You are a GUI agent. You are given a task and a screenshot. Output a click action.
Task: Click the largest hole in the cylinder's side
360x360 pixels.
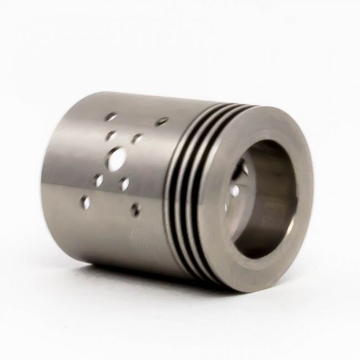click(x=117, y=160)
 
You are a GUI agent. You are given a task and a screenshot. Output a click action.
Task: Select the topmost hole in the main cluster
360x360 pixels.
click(x=111, y=117)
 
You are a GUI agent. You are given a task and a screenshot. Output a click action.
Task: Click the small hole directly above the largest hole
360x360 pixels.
click(x=111, y=135)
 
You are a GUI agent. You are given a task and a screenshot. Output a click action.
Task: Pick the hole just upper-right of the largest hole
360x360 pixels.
click(x=136, y=139)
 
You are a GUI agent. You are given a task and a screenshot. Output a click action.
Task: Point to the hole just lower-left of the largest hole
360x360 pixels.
click(x=99, y=180)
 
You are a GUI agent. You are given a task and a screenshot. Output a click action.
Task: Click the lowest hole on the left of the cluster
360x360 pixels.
click(x=86, y=203)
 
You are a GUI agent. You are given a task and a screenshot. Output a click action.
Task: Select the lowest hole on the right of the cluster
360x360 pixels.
click(x=135, y=209)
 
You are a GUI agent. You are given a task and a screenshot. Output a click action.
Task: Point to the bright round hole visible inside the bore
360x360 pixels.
click(x=235, y=191)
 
